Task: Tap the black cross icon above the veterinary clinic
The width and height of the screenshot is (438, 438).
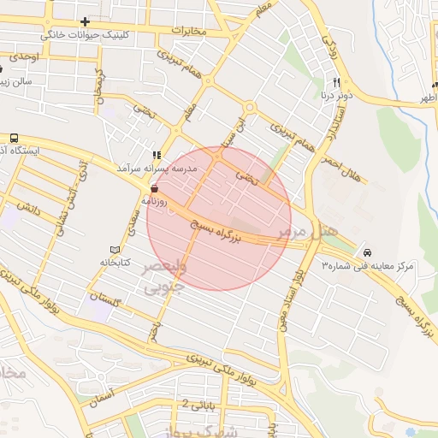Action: click(x=85, y=21)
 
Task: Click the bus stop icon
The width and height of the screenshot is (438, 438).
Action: click(x=14, y=138)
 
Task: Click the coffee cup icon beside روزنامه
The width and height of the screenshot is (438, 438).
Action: click(x=154, y=181)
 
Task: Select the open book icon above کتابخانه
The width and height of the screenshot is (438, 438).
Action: click(x=100, y=248)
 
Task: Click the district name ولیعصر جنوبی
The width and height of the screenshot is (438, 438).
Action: click(x=155, y=277)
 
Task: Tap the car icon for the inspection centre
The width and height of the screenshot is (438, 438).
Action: click(x=367, y=253)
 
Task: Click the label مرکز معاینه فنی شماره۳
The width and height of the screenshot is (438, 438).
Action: click(x=367, y=267)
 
